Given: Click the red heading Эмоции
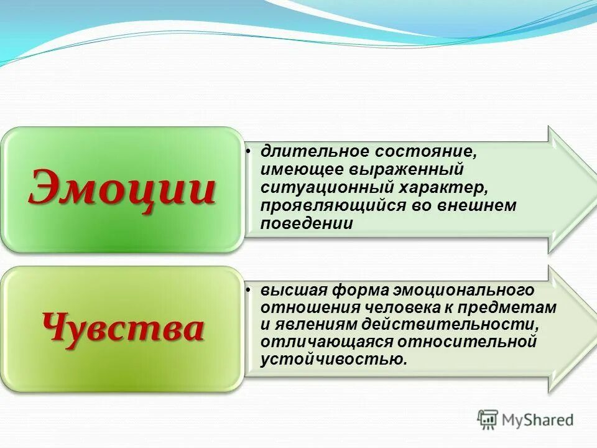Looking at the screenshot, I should tap(122, 187).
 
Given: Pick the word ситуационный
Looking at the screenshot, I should tap(313, 187).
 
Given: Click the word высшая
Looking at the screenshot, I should tap(293, 291).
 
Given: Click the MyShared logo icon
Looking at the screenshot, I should tap(488, 419).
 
